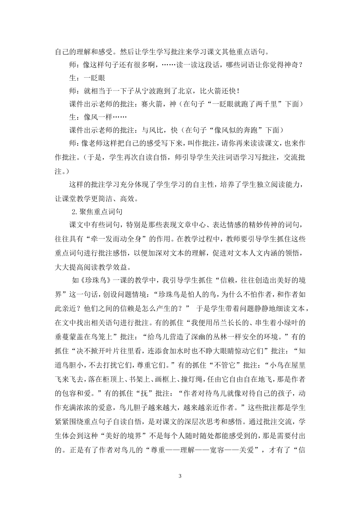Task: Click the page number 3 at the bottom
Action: click(180, 476)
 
